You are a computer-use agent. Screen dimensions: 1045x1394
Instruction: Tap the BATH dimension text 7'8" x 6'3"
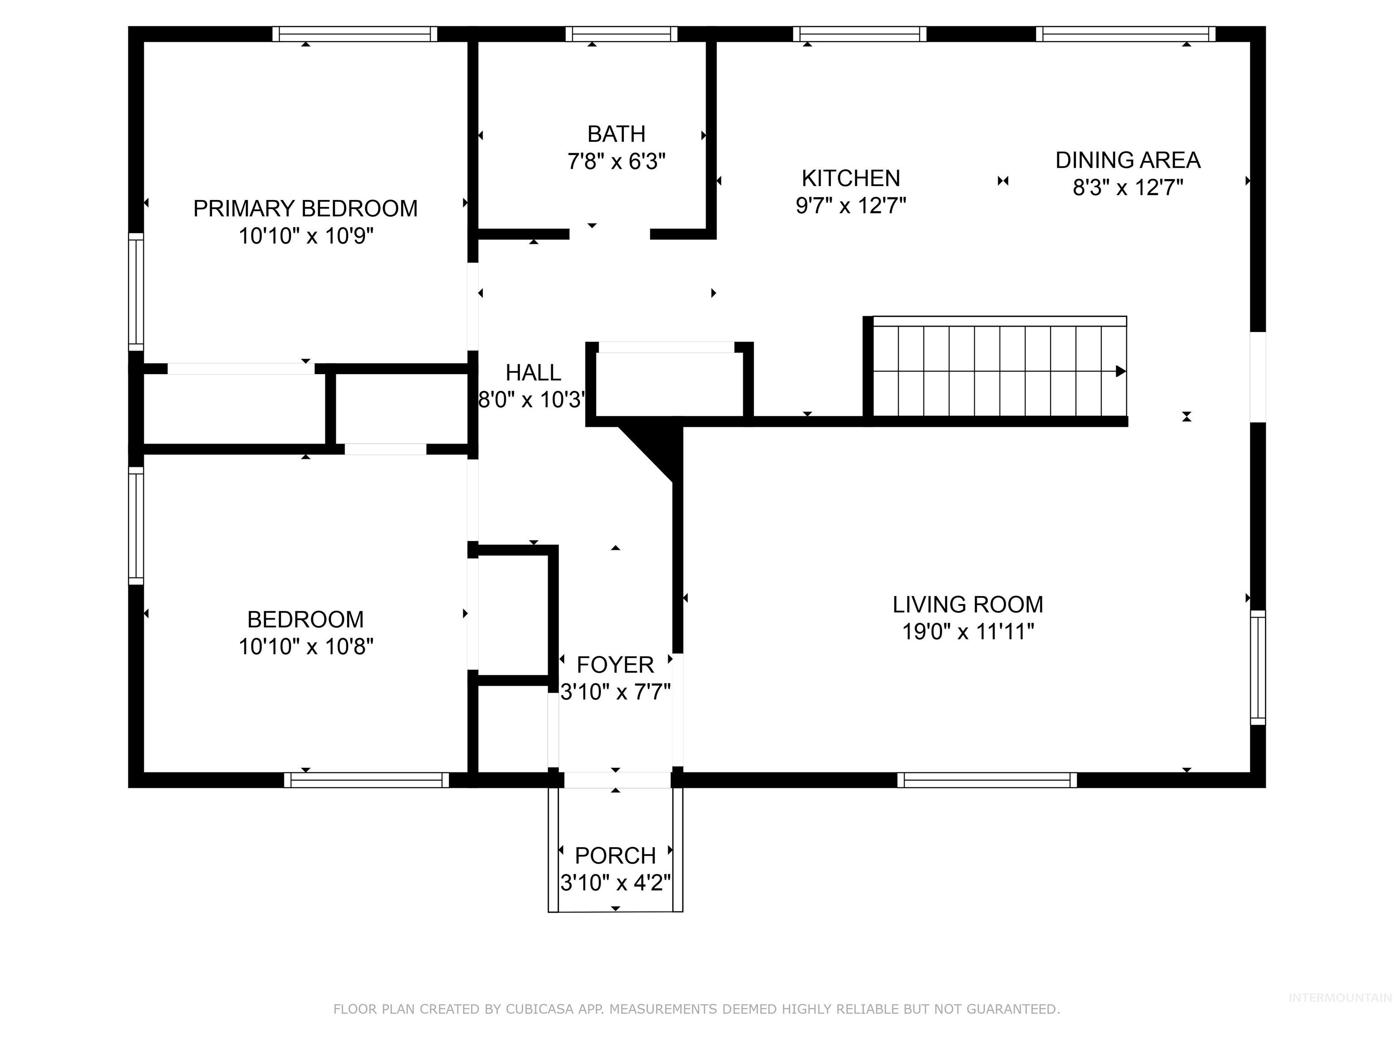(616, 162)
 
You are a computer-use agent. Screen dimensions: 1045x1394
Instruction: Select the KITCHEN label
(851, 178)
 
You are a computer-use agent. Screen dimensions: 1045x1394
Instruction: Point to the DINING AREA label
(1128, 160)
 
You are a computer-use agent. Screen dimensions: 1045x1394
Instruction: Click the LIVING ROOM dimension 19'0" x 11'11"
(968, 631)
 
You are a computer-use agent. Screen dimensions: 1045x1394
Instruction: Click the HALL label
(533, 373)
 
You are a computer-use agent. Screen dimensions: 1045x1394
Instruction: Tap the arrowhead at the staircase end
(1120, 371)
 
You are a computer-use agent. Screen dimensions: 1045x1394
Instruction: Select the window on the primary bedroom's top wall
(355, 34)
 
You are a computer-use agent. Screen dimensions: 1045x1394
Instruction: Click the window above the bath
(621, 34)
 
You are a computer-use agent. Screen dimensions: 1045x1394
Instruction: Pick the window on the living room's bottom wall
(987, 780)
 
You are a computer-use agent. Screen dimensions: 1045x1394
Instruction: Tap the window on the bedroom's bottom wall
(366, 780)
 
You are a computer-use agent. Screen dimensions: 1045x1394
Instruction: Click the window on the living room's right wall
(1257, 668)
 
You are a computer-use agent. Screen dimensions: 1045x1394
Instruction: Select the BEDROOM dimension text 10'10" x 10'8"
(306, 646)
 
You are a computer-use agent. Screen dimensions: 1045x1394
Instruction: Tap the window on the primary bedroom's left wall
(136, 291)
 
